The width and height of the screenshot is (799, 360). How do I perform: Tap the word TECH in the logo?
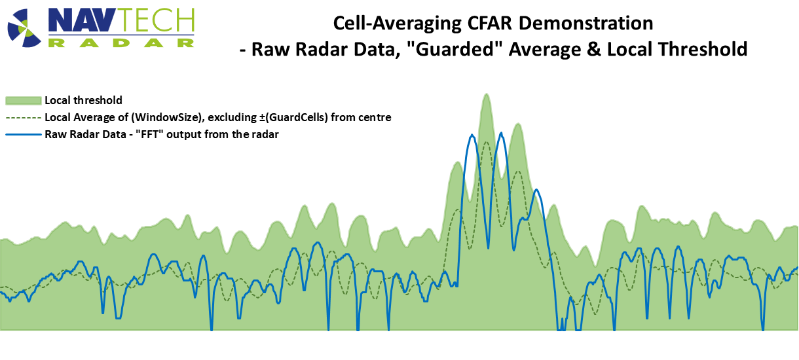pyautogui.click(x=158, y=20)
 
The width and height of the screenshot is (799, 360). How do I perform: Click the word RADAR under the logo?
pyautogui.click(x=121, y=43)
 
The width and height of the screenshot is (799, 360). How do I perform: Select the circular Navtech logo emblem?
pyautogui.click(x=24, y=27)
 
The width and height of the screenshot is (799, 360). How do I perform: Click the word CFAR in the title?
pyautogui.click(x=489, y=23)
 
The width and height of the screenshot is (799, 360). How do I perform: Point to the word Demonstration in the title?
pyautogui.click(x=585, y=23)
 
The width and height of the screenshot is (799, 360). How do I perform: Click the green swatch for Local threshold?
pyautogui.click(x=24, y=101)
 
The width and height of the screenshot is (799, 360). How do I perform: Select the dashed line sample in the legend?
pyautogui.click(x=24, y=118)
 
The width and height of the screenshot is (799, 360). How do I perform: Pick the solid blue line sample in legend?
pyautogui.click(x=24, y=135)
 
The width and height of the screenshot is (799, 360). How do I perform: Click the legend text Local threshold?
pyautogui.click(x=83, y=100)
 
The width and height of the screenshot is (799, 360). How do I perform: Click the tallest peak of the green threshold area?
pyautogui.click(x=487, y=94)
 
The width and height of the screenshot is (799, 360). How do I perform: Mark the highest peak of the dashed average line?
pyautogui.click(x=487, y=142)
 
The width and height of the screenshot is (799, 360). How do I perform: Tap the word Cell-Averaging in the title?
pyautogui.click(x=398, y=24)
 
